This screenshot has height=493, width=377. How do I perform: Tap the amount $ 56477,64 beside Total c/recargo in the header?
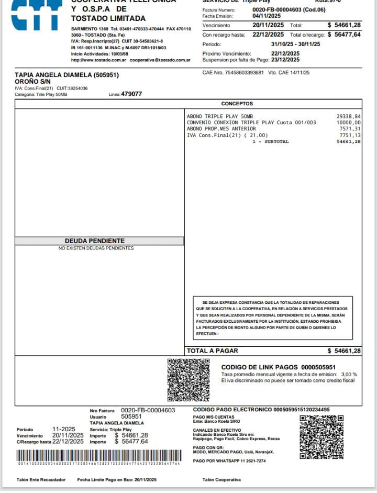coord(344,35)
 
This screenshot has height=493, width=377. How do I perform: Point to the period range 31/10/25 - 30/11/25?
coord(295,44)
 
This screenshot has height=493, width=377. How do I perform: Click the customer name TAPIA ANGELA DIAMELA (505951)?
coord(66,75)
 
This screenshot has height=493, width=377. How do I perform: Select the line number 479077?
coord(131,94)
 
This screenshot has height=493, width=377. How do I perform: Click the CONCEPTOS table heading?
coord(237,104)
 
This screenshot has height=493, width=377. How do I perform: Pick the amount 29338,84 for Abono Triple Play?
coord(349,116)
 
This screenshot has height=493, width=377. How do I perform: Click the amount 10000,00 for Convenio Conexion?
coord(349,123)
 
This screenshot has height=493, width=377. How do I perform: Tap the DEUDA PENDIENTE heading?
coord(94,241)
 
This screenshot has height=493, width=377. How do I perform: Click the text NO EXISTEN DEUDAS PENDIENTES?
coord(96,248)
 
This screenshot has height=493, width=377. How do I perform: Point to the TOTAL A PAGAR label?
coord(213,350)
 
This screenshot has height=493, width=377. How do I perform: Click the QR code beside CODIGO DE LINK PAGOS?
coord(188,380)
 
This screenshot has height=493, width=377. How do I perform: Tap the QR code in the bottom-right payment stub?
coord(321,437)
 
